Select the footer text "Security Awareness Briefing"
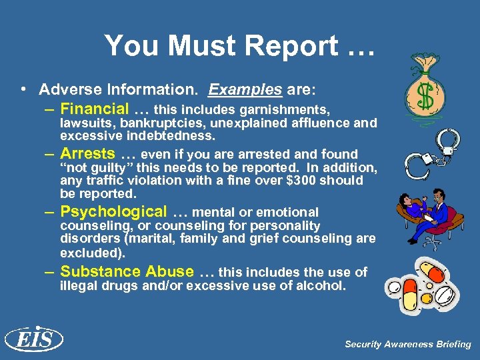[407, 345]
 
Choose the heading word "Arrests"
[88, 153]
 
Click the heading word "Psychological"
[114, 212]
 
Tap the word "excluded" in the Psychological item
[88, 253]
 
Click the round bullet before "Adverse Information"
[23, 89]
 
